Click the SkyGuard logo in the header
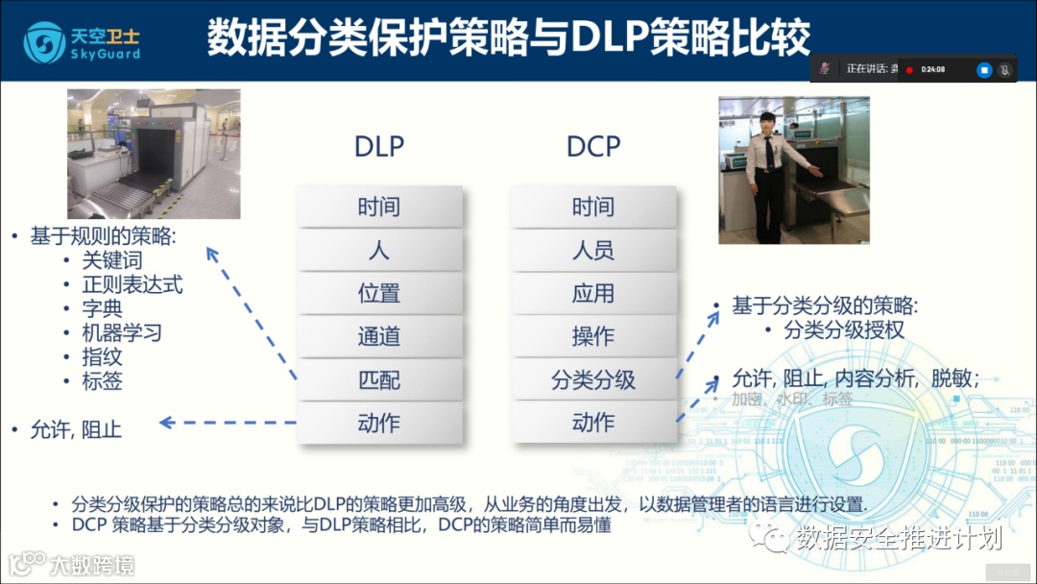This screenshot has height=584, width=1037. [x=82, y=41]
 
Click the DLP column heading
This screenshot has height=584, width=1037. [x=378, y=146]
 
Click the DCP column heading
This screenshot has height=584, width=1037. [x=592, y=146]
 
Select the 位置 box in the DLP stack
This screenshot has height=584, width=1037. [x=378, y=294]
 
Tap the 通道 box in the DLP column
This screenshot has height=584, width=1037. [x=378, y=337]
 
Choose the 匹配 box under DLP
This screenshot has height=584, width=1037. [x=378, y=379]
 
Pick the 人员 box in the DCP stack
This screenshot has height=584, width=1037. [x=592, y=251]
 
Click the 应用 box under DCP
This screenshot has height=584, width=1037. [x=592, y=294]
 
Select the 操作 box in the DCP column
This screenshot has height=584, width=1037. [x=592, y=337]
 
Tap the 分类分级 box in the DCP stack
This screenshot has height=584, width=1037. [x=592, y=379]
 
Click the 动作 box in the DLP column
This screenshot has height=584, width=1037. [x=378, y=423]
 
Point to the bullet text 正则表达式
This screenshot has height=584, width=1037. [x=132, y=285]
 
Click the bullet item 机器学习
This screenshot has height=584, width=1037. [x=121, y=333]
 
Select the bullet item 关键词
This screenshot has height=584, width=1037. [x=111, y=261]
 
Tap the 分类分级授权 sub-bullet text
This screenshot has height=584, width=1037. [x=843, y=331]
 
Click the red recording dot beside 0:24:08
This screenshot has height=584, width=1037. [x=908, y=70]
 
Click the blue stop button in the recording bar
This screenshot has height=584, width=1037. [x=984, y=70]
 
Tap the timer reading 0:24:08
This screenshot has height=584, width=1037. [x=933, y=70]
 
